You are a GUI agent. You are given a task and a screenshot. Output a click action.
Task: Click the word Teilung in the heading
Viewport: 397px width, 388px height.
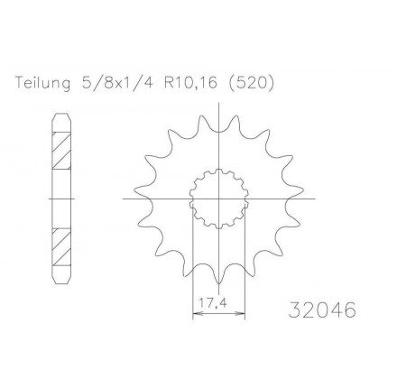tap(43, 82)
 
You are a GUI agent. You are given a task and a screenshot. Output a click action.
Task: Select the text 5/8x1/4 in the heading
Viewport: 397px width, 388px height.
tap(117, 83)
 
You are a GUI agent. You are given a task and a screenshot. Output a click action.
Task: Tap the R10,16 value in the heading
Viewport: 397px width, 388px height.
tap(190, 83)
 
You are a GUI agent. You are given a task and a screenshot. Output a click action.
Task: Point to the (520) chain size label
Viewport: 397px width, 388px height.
tap(252, 83)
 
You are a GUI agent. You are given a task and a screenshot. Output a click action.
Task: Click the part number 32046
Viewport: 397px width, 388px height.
tap(322, 309)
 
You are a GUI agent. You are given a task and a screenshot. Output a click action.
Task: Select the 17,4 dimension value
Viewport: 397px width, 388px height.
tap(213, 302)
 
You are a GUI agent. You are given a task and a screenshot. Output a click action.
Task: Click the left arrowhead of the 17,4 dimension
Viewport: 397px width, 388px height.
tap(197, 314)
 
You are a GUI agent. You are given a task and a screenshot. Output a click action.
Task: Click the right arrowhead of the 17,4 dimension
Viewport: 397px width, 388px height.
tap(241, 314)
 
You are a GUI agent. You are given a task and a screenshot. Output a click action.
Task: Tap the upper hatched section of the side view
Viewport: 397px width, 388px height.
tap(62, 151)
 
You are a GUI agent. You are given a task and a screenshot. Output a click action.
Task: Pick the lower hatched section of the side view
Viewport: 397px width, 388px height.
tap(62, 247)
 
